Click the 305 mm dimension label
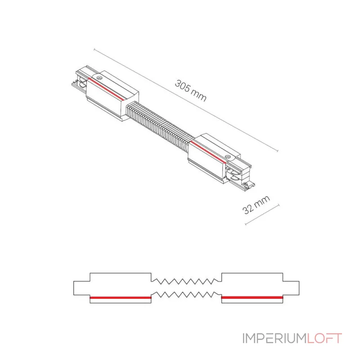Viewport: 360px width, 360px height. point(190,90)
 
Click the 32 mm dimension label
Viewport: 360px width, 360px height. point(256,205)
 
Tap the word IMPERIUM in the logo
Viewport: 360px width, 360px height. point(274,338)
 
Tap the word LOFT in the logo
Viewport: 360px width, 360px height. point(324,338)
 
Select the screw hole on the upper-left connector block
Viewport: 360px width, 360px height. point(99,78)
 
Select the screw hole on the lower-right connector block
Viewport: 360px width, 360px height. point(228,157)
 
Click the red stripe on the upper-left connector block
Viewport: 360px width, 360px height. point(106,89)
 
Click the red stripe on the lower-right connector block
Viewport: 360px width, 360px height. point(208,153)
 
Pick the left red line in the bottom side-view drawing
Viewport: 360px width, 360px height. point(121,297)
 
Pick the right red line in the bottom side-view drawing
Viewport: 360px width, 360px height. point(252,297)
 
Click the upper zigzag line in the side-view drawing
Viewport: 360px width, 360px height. point(186,281)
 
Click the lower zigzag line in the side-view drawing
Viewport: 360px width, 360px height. point(186,295)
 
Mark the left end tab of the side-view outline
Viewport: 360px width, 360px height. point(82,288)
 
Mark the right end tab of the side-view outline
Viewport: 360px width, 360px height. point(291,288)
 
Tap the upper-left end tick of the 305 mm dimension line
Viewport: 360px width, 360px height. point(94,49)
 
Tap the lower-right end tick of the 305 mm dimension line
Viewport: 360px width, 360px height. point(278,151)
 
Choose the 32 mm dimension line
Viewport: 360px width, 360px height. point(262,214)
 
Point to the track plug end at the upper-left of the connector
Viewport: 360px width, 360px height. point(80,79)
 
